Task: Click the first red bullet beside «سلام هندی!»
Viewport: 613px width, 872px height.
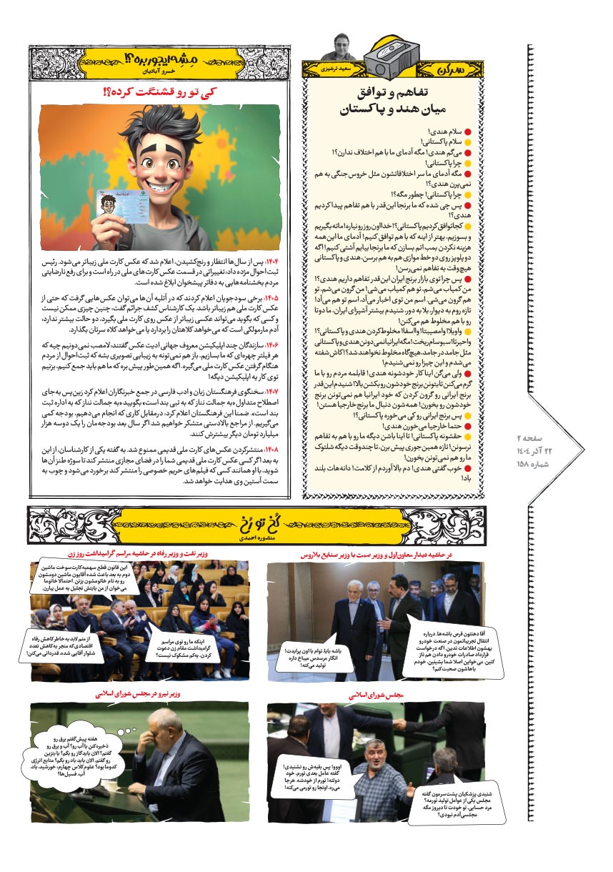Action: point(469,132)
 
